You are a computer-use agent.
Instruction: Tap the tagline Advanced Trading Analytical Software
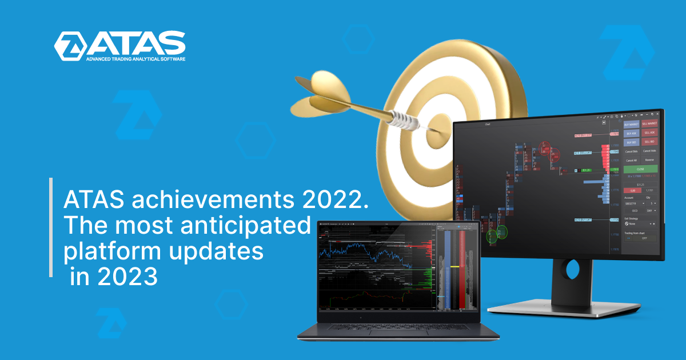click(x=135, y=59)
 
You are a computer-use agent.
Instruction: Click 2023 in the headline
click(x=129, y=277)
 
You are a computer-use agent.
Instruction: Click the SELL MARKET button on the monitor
click(x=649, y=123)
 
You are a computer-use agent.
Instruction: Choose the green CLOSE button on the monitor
click(x=640, y=169)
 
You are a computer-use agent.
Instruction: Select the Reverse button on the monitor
click(x=649, y=160)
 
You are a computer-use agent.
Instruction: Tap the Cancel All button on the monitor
click(x=631, y=160)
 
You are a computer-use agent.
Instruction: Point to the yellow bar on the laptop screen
click(x=454, y=267)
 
